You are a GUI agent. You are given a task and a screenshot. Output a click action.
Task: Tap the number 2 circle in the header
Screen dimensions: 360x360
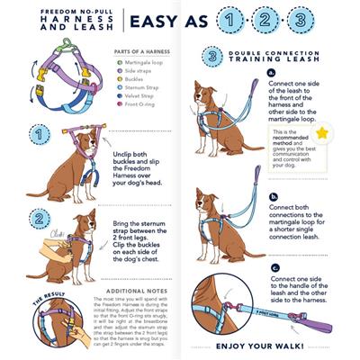(x=293, y=21)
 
